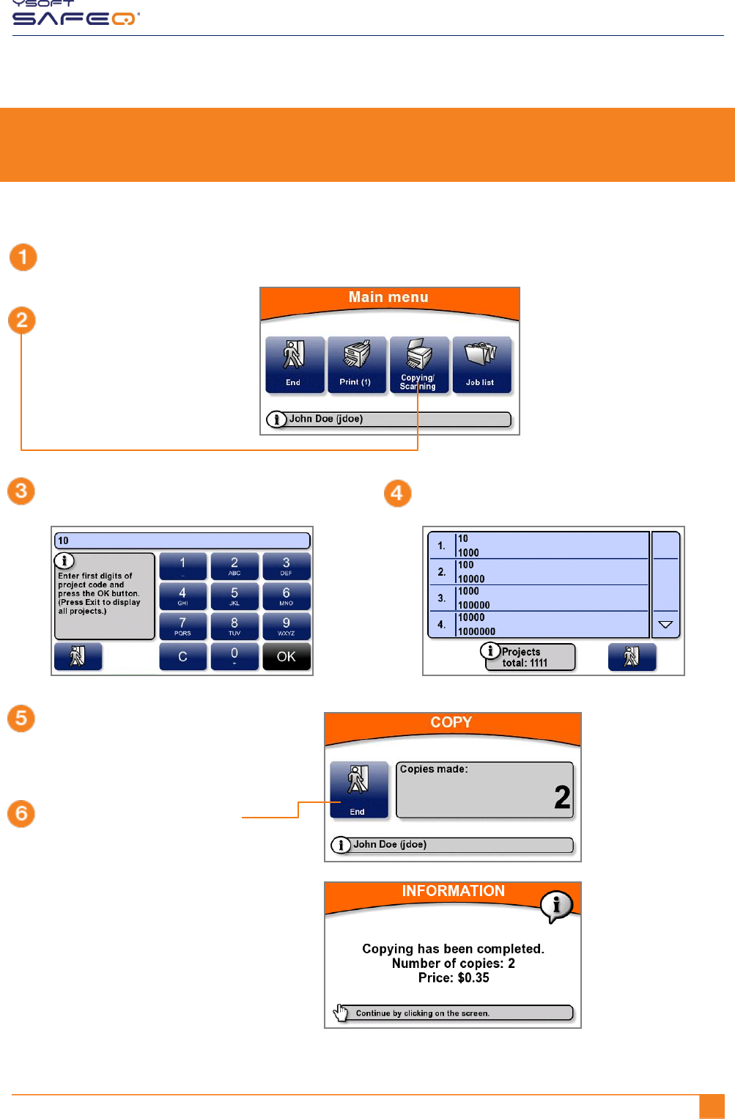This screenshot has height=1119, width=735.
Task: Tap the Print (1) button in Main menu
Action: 356,364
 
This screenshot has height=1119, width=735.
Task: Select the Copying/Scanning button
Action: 418,364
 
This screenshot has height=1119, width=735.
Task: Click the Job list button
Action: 481,364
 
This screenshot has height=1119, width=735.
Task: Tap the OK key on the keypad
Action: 287,656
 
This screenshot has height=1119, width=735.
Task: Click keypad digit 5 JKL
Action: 234,596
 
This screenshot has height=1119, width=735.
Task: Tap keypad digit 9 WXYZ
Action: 287,626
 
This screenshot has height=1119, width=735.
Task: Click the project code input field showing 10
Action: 182,540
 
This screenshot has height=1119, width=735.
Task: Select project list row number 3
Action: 539,598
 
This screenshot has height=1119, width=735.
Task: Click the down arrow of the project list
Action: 665,625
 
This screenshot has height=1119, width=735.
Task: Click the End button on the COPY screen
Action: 358,789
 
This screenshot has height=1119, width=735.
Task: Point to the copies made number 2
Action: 562,797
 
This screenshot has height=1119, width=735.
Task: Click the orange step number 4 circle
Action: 397,494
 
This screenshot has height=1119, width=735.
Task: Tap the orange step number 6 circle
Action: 21,813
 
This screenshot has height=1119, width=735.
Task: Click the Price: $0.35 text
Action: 454,977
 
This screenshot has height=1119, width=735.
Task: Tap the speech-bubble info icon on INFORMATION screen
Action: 556,906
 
